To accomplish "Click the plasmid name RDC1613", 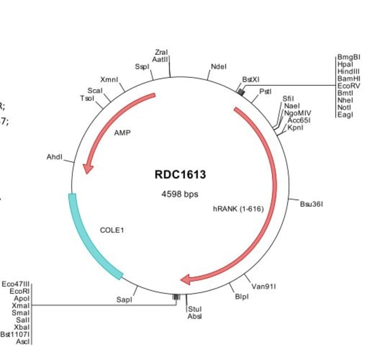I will tap(180, 175).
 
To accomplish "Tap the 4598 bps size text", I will tap(180, 194).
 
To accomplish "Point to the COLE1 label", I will tap(112, 230).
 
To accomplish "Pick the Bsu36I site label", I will tap(311, 203).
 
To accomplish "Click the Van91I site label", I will tap(264, 286).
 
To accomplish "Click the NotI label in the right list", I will tap(344, 107).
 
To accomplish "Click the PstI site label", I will tap(265, 91).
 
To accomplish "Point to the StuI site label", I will tap(194, 309).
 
